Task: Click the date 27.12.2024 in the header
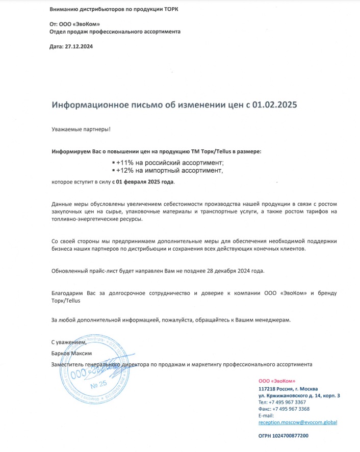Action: (x=79, y=46)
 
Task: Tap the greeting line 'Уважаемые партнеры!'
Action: (x=81, y=129)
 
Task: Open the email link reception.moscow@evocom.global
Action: (x=298, y=422)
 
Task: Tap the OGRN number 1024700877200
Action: (x=290, y=436)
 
